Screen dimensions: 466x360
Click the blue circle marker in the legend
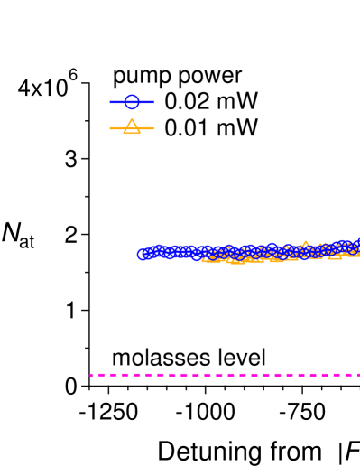click(x=132, y=102)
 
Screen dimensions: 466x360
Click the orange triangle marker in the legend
click(x=132, y=126)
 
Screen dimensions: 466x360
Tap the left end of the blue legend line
click(x=110, y=102)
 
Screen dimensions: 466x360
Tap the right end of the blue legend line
click(x=153, y=102)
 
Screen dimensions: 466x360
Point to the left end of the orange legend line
click(x=110, y=128)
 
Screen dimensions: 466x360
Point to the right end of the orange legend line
click(x=153, y=128)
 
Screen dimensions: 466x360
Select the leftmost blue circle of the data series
click(x=143, y=254)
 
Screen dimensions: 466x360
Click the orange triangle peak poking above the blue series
click(x=305, y=245)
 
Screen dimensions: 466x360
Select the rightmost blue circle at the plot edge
click(x=357, y=243)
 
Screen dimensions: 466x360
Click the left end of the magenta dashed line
click(x=90, y=375)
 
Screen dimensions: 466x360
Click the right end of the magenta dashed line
click(x=358, y=375)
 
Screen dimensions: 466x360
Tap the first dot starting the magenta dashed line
click(x=91, y=375)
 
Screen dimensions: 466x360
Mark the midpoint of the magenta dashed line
click(x=225, y=375)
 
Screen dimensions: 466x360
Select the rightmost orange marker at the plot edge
click(x=355, y=252)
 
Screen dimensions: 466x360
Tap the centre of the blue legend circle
click(x=132, y=102)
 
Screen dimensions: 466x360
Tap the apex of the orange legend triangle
click(x=132, y=120)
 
